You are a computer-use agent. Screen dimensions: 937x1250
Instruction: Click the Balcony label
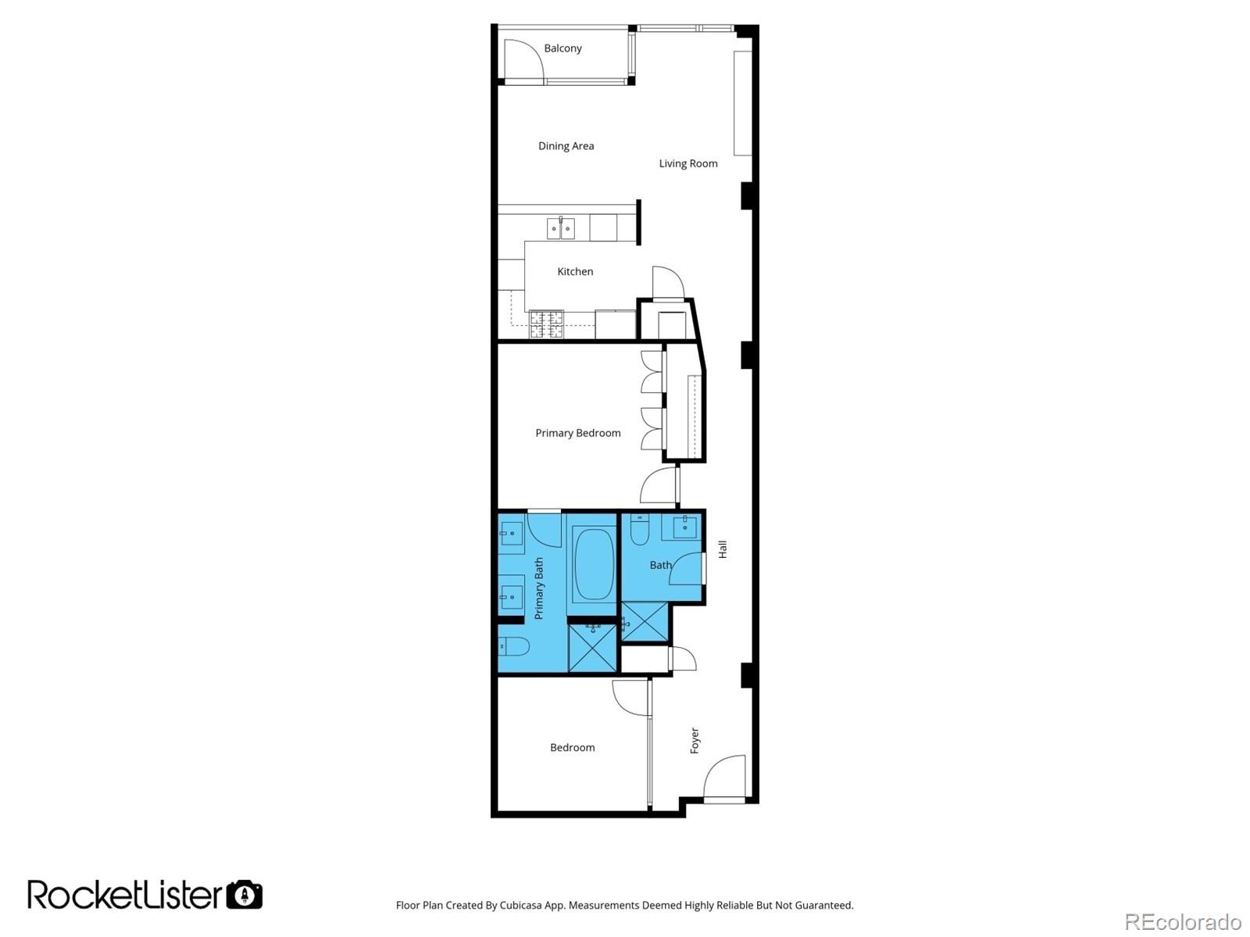(562, 48)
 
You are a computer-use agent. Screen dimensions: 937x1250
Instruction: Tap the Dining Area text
(566, 146)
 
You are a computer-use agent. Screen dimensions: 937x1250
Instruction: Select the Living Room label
(687, 163)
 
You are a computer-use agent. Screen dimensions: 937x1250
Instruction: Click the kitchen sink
(560, 228)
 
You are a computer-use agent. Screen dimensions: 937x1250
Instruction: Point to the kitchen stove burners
(546, 324)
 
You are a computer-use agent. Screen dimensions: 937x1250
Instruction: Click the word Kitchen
(575, 272)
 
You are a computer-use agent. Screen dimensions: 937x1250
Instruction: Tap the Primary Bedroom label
(577, 433)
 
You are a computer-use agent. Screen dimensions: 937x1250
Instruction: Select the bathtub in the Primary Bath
(593, 564)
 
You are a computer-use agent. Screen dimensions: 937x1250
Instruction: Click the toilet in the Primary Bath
(514, 646)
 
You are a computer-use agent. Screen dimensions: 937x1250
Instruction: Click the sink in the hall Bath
(684, 526)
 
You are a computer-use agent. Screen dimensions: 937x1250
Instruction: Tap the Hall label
(723, 549)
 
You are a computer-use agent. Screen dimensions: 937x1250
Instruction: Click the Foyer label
(695, 740)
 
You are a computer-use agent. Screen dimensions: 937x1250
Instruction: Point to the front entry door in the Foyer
(725, 778)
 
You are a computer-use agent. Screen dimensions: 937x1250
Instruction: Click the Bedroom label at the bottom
(572, 748)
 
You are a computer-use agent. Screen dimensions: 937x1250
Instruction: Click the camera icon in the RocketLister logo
(245, 894)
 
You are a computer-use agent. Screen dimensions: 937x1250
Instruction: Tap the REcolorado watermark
(1182, 921)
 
